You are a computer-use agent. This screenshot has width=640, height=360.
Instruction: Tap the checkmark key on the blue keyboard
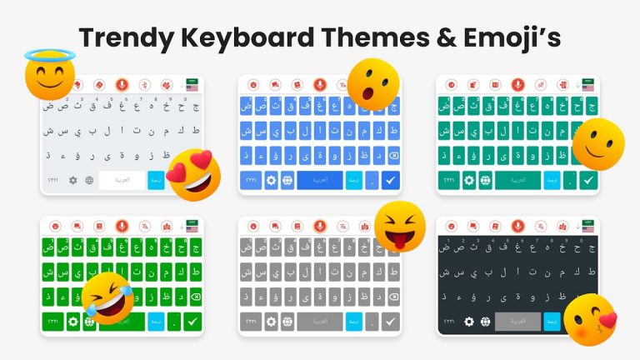389,179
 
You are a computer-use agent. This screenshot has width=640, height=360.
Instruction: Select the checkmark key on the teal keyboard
589,179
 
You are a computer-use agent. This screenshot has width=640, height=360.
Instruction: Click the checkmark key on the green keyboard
192,322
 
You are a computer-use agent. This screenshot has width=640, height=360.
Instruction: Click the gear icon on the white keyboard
72,180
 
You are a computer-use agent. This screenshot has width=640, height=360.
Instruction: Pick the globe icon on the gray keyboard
288,322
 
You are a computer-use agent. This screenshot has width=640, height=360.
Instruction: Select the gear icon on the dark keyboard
469,322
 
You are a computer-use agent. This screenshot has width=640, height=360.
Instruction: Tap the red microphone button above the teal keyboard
517,85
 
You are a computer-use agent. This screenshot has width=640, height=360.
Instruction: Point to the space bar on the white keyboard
122,180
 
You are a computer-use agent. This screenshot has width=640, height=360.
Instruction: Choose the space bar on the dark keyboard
517,322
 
